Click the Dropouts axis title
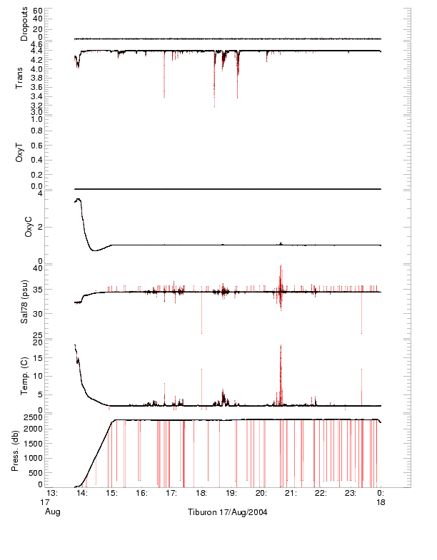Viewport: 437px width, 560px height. [25, 24]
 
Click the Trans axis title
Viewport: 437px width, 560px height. [21, 78]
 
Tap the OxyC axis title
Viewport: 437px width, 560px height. [29, 226]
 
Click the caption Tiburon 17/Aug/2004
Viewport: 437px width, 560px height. [227, 512]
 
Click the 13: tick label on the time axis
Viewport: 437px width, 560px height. [52, 493]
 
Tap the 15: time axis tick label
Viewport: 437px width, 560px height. [112, 493]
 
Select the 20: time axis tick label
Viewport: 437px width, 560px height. [261, 493]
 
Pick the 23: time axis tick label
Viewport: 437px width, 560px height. [351, 493]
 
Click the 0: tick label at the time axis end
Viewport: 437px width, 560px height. [381, 493]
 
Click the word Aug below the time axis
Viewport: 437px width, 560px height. [52, 512]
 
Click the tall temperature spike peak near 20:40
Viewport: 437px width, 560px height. [281, 345]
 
